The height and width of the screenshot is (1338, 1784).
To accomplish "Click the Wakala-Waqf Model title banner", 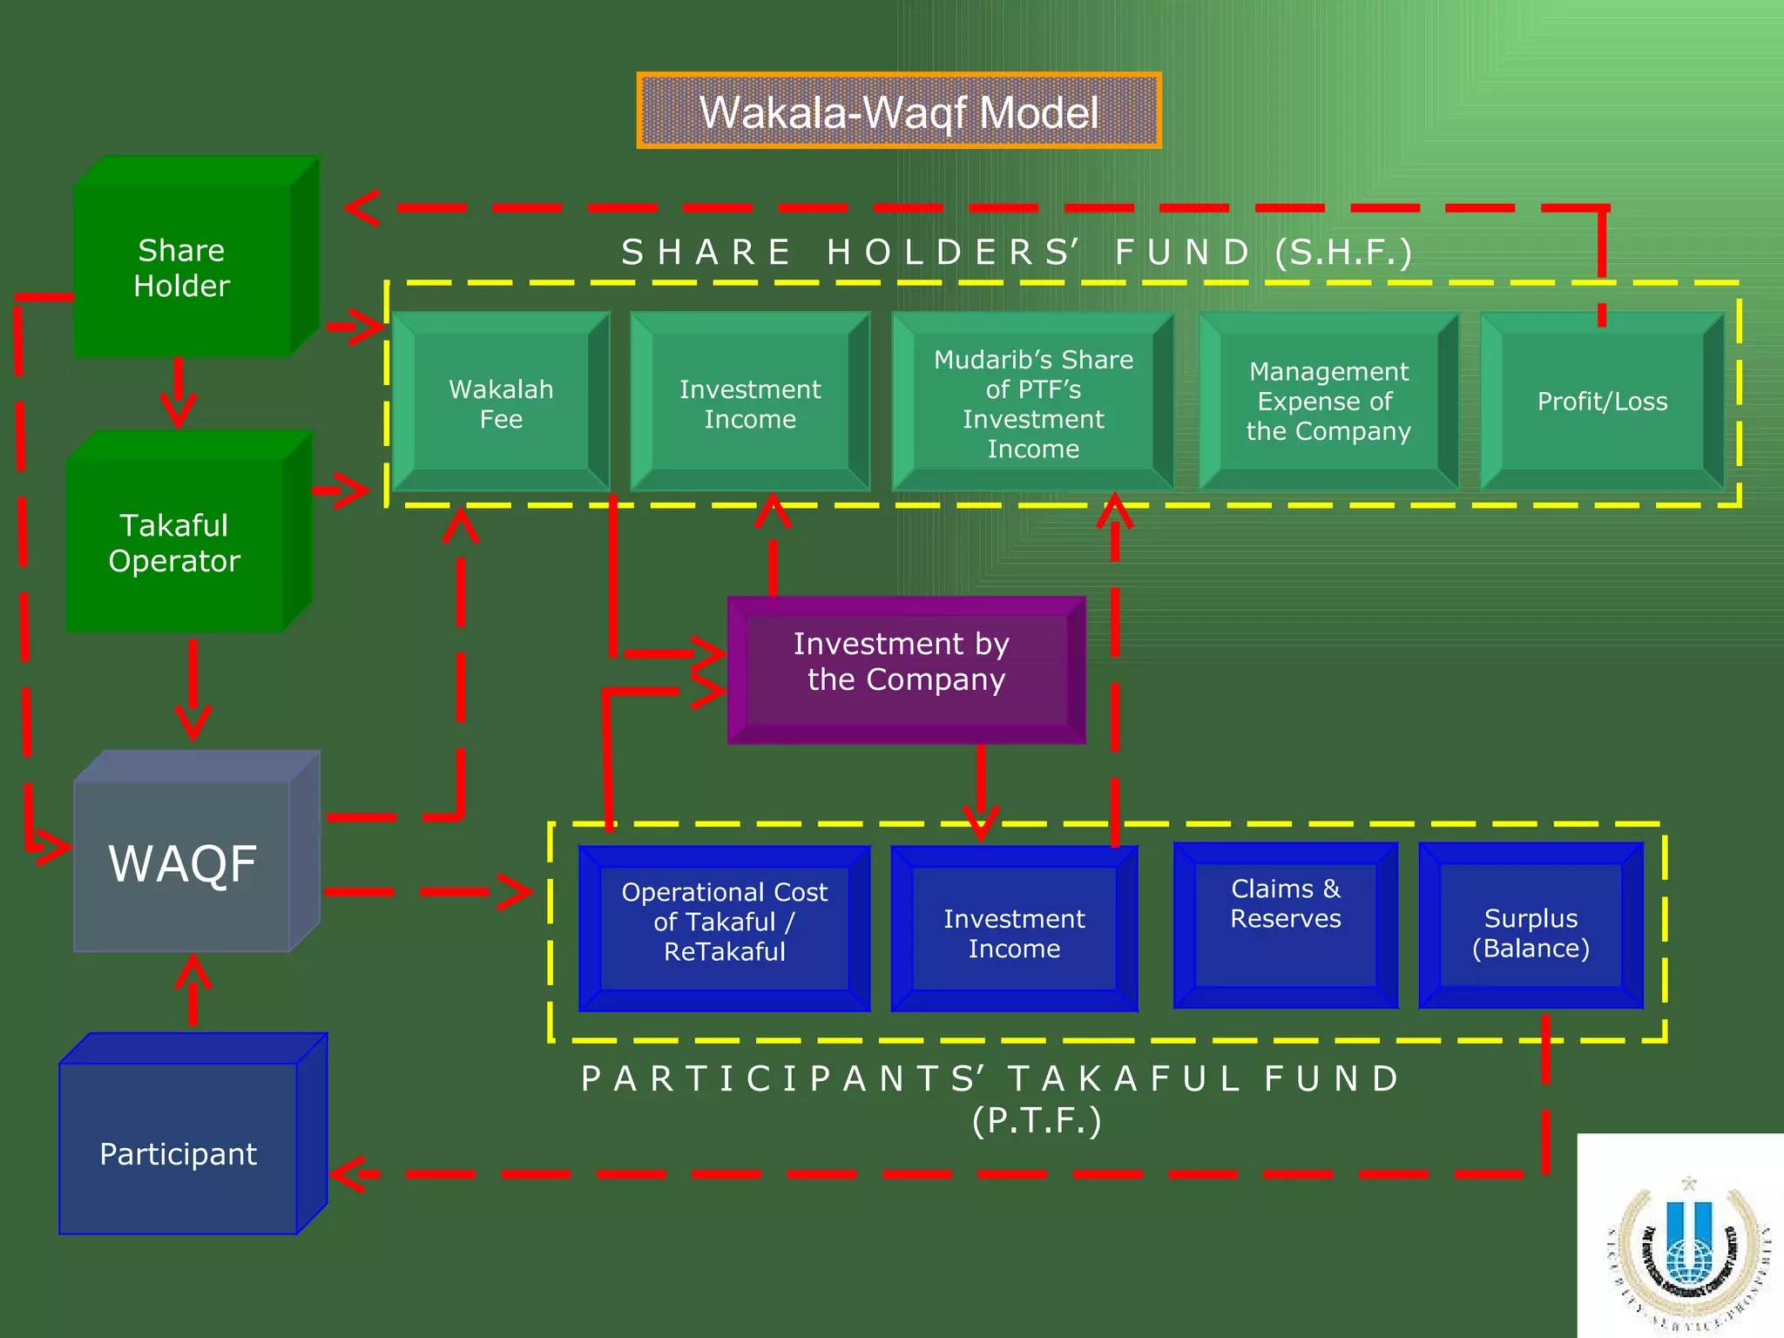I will pos(898,111).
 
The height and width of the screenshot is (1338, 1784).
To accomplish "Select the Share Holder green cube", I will pos(183,268).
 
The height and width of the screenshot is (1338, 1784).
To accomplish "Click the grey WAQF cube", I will pos(183,863).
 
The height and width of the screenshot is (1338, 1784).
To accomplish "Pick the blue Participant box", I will pos(179,1152).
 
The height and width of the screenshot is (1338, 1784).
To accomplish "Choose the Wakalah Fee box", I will pos(501,402).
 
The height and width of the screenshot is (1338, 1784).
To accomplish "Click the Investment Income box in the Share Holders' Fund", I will pos(750,402).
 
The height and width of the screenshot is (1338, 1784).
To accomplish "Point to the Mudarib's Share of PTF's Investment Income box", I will pos(1033,402).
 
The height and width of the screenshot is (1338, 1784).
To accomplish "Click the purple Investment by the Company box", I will pos(906,669).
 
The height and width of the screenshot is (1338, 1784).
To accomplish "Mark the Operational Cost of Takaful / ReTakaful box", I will pos(724,927).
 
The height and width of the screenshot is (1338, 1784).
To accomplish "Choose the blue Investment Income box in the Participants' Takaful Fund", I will pos(1014,930).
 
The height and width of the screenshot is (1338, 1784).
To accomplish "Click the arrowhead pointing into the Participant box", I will pos(348,1174).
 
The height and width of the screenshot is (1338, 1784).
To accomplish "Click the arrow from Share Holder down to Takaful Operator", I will pos(179,392).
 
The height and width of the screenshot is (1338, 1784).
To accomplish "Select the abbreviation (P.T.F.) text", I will pos(1037,1120).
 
